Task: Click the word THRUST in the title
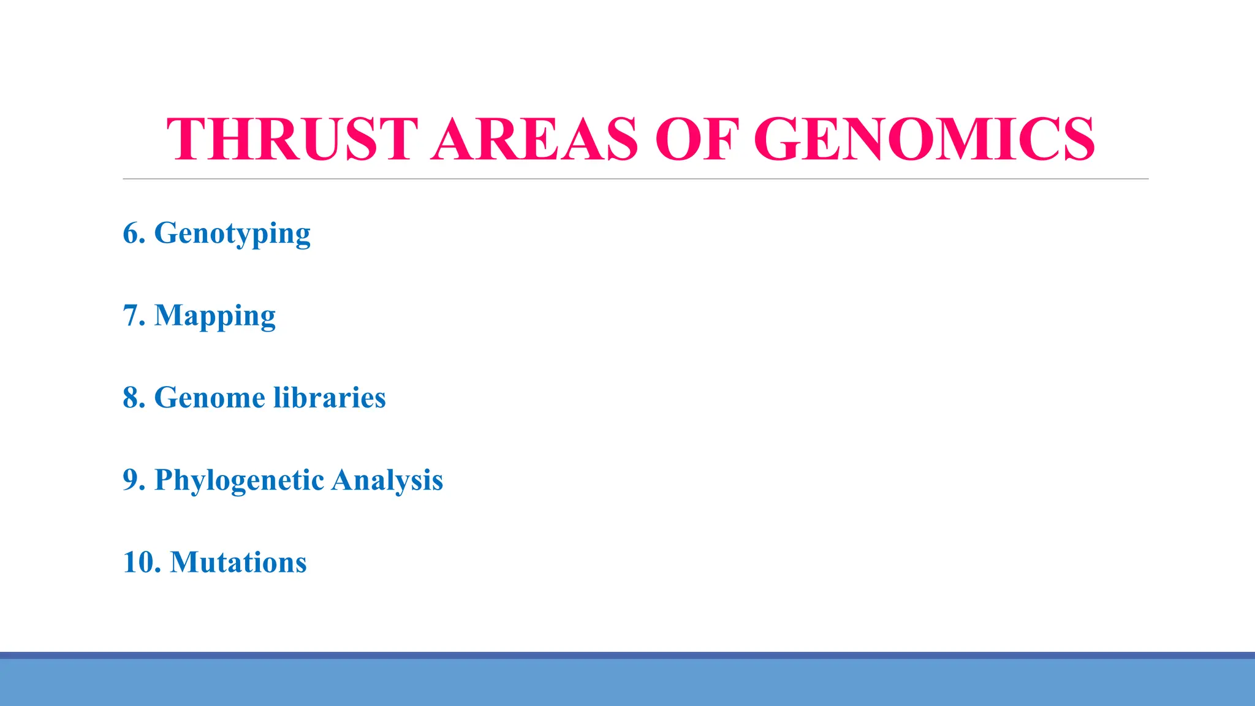pos(292,140)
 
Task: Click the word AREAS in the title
pos(534,140)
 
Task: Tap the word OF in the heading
pos(697,140)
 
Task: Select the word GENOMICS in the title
pos(924,140)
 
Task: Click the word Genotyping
pos(232,234)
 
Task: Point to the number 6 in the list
pos(131,233)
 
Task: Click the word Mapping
pos(214,316)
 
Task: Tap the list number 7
pos(131,316)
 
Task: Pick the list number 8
pos(131,398)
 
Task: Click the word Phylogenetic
pos(239,480)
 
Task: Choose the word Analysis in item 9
pos(387,480)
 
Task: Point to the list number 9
pos(131,480)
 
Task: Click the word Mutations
pos(238,563)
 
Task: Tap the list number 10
pos(138,563)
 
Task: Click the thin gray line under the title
pos(635,179)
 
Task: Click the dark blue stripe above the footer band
pos(627,655)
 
